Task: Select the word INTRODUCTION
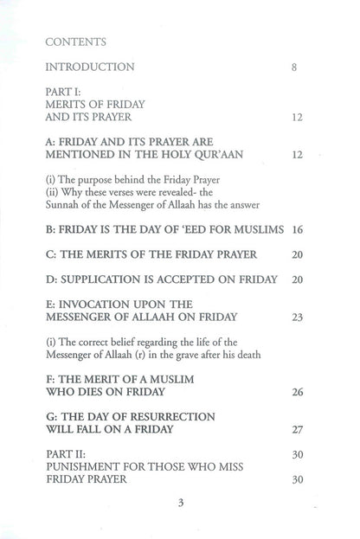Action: tap(89, 67)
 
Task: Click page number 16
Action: tap(296, 231)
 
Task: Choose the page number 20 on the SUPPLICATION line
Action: tap(296, 279)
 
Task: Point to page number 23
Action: tap(296, 318)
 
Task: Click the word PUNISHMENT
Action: tap(87, 466)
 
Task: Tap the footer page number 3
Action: tap(180, 508)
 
